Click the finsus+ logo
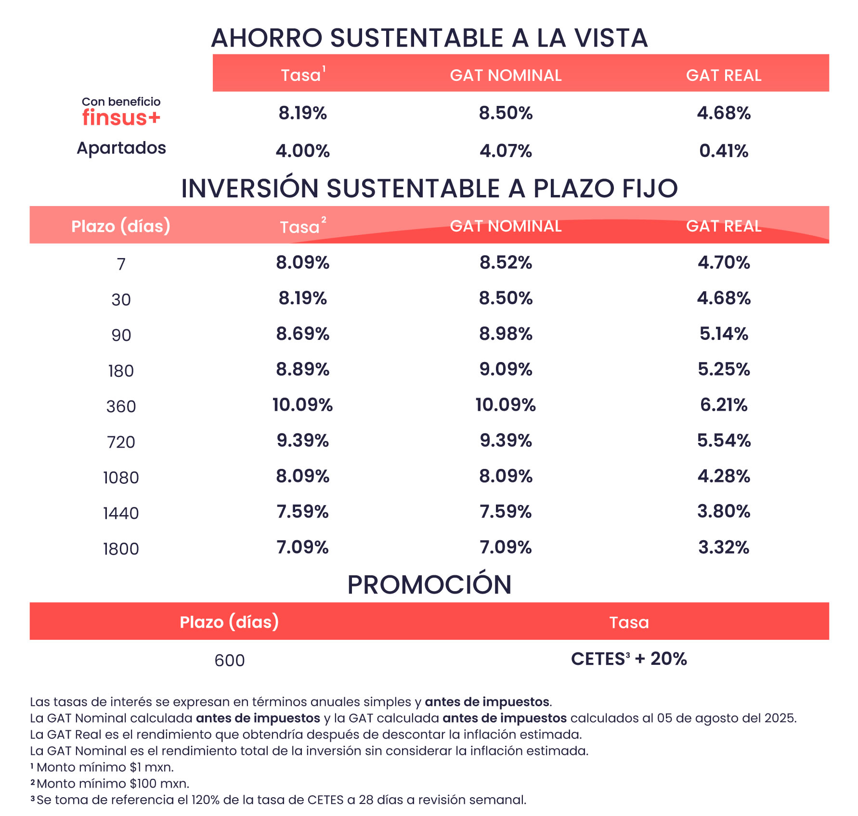click(x=121, y=117)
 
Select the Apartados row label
click(x=121, y=148)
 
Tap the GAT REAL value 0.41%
click(x=723, y=151)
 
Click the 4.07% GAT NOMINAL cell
click(x=506, y=151)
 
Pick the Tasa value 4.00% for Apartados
click(x=302, y=151)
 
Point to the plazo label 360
click(x=121, y=406)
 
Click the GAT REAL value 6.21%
click(x=723, y=405)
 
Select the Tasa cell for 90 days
click(x=302, y=334)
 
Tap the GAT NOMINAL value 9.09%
click(x=506, y=369)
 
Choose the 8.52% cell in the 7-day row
click(x=506, y=262)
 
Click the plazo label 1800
click(x=121, y=549)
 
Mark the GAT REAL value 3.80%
click(x=723, y=511)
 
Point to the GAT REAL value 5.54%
click(x=723, y=440)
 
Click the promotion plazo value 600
click(x=229, y=661)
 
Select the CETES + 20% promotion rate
click(x=629, y=659)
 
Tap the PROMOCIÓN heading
click(x=429, y=584)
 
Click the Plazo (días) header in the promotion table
click(x=229, y=622)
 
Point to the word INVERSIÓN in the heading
click(x=249, y=188)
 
